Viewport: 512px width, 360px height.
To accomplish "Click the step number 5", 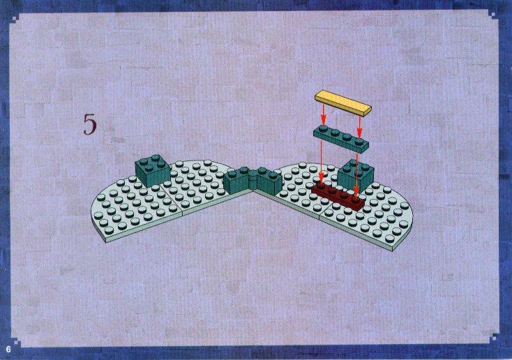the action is coord(90,124).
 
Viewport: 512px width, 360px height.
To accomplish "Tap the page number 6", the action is coord(8,350).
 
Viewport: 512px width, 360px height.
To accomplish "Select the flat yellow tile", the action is coord(343,103).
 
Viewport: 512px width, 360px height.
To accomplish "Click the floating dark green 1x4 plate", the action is coord(341,139).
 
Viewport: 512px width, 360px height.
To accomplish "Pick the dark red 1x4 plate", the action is coord(338,196).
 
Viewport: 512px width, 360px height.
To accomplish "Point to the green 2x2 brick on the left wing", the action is coord(153,170).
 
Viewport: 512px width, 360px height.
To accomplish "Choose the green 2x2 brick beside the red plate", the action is coord(356,176).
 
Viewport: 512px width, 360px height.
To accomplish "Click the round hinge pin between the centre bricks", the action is coord(253,179).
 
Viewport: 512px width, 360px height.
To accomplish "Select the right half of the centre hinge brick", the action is coord(269,180).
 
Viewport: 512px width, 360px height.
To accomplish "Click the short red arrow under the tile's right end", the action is coord(359,126).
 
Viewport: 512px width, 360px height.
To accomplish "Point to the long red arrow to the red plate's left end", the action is coord(322,164).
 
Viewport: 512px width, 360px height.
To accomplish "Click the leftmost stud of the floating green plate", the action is coord(323,129).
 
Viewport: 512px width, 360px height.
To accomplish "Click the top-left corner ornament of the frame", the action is coord(15,17).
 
